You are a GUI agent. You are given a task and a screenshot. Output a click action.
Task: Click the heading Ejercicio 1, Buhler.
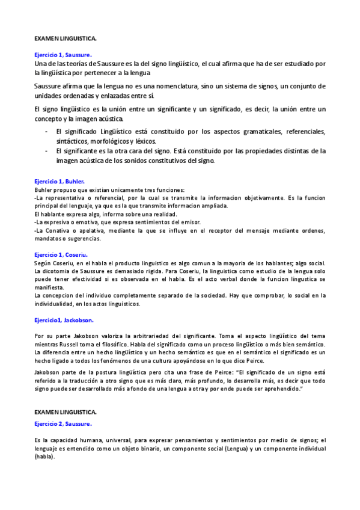point(59,181)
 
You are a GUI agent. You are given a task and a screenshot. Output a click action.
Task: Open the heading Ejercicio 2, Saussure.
point(63,424)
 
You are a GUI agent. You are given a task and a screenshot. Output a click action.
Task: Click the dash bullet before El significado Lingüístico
point(47,131)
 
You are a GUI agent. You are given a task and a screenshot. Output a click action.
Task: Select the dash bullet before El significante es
point(47,151)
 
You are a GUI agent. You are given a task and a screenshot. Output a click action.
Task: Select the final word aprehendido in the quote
point(277,390)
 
